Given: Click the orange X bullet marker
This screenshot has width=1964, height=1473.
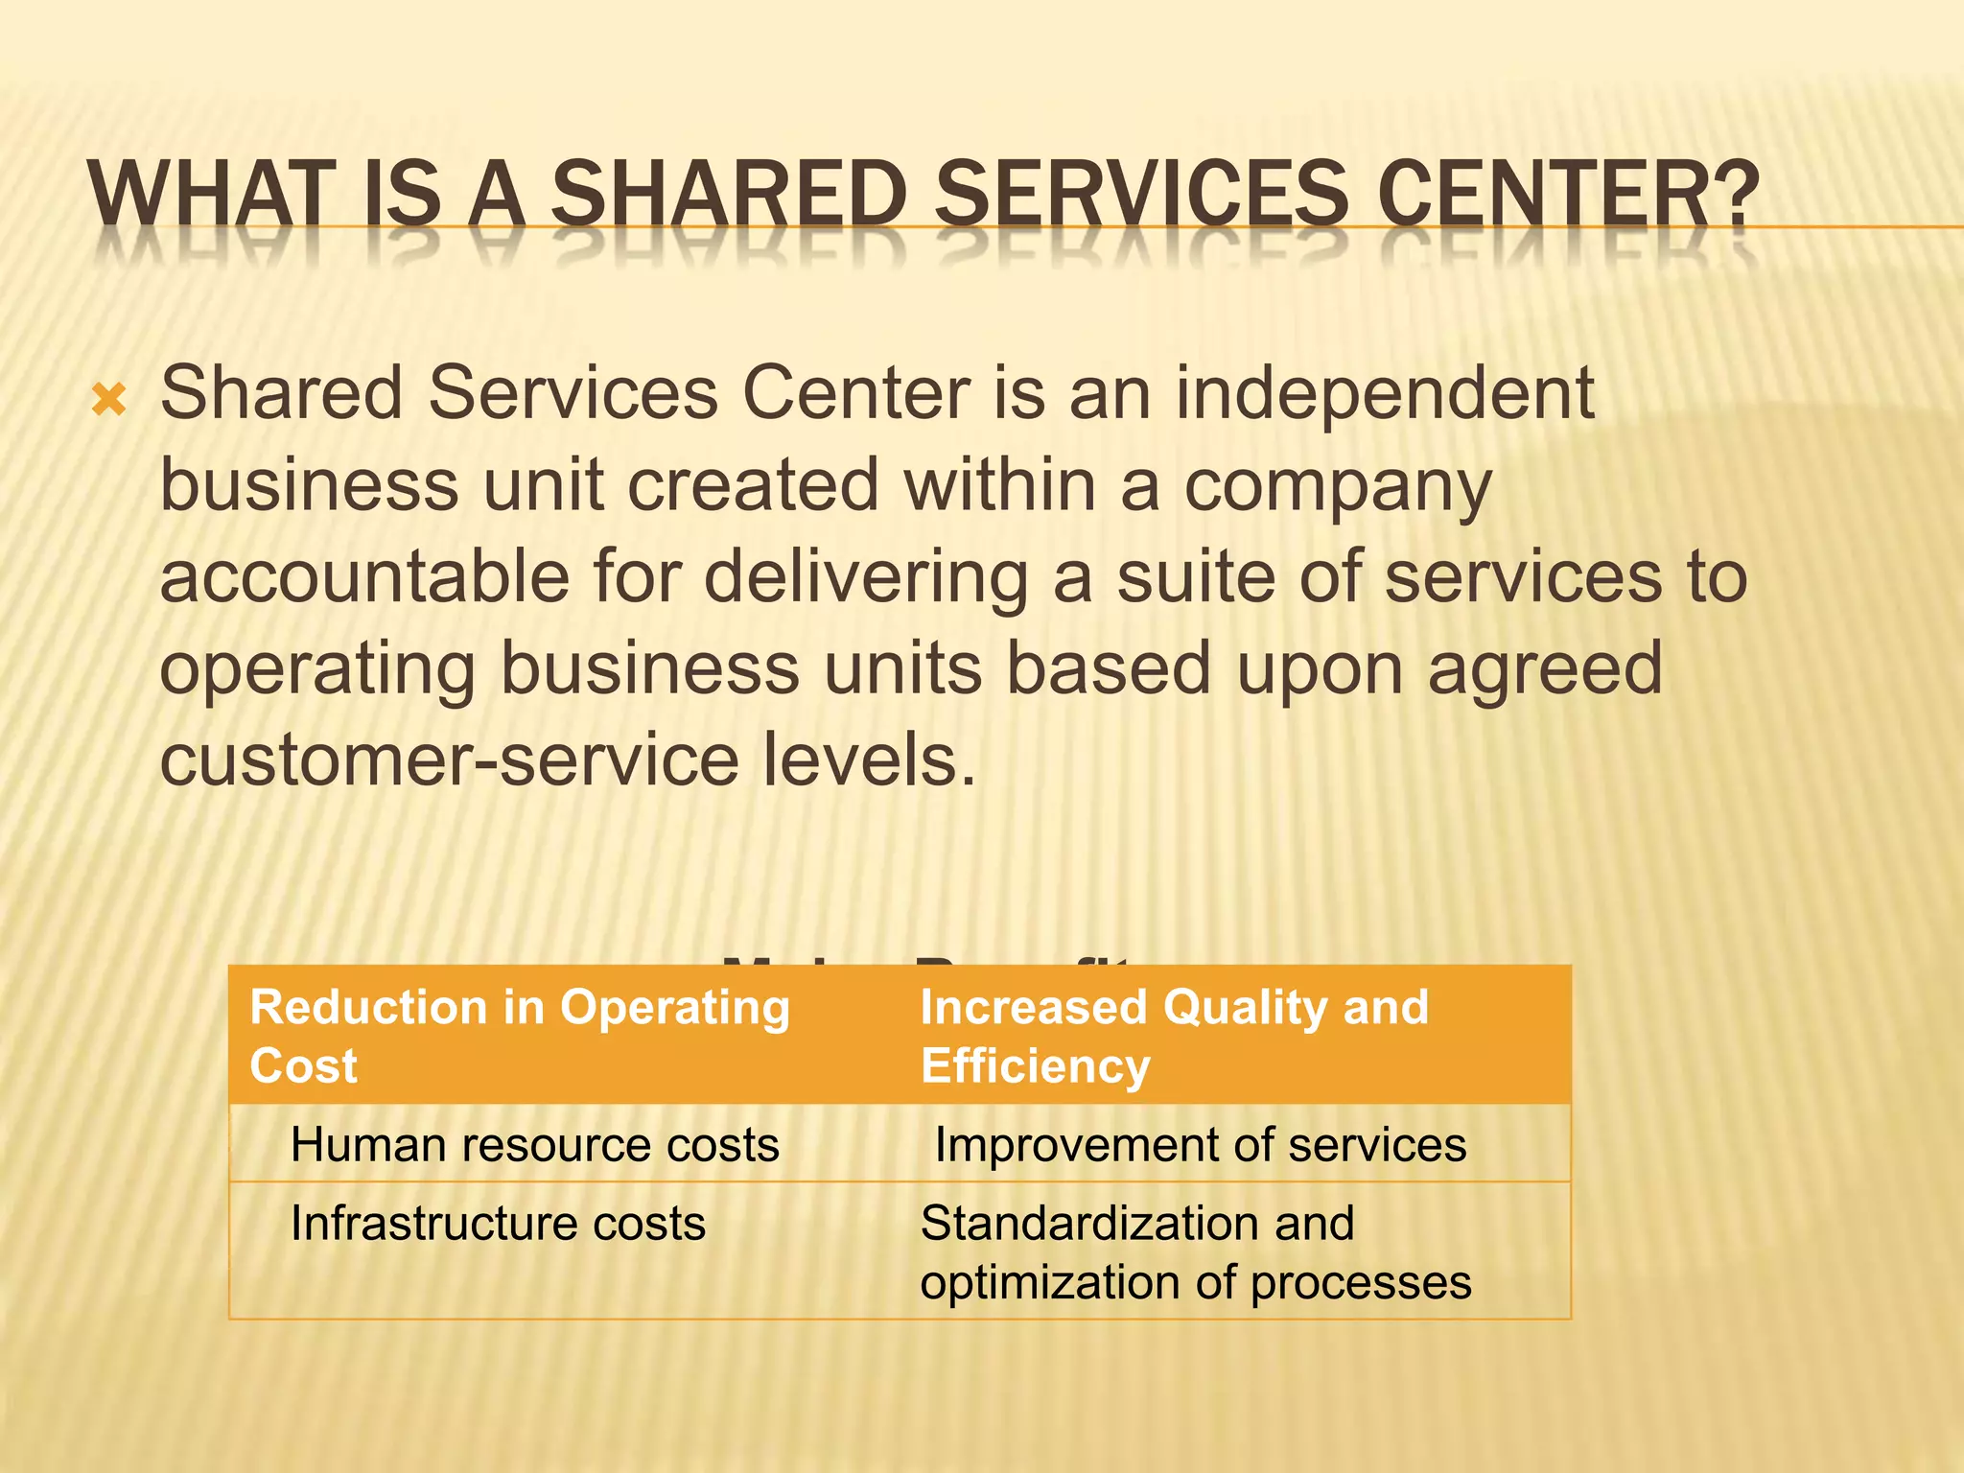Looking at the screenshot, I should [x=109, y=399].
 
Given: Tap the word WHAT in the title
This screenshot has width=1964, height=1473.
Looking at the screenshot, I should [x=212, y=195].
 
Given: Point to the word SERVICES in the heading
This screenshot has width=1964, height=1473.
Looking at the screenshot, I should [x=1142, y=195].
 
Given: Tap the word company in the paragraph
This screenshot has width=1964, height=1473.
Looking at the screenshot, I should [x=1338, y=487].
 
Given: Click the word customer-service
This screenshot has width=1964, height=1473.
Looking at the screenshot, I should [x=449, y=760].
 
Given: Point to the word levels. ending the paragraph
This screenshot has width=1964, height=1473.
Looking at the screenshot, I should [x=869, y=760].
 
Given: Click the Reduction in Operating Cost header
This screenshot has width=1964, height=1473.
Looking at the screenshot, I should [x=520, y=1036].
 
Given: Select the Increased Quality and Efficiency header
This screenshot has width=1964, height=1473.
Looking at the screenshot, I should [x=1174, y=1036].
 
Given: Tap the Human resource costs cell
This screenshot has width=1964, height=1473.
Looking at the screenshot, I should [x=534, y=1145].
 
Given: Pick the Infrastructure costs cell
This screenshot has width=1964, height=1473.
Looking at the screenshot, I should [x=498, y=1224].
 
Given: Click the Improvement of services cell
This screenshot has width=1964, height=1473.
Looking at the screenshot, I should [x=1200, y=1145].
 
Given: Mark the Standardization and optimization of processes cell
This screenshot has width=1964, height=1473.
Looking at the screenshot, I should [x=1195, y=1252].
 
